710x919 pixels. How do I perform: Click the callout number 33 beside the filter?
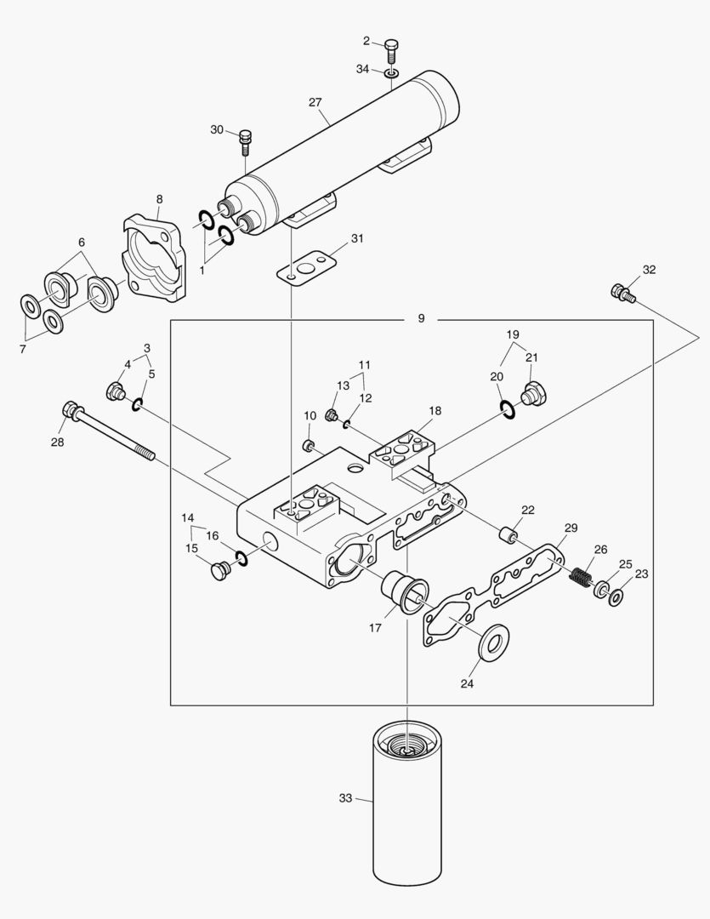point(345,798)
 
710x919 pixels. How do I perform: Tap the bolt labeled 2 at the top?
point(391,49)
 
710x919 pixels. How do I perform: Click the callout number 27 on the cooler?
point(315,102)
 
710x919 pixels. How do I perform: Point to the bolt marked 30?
point(246,139)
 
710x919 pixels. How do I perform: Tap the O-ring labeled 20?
point(508,411)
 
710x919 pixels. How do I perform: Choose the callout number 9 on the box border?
point(422,318)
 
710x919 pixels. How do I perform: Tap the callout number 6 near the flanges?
point(82,243)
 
